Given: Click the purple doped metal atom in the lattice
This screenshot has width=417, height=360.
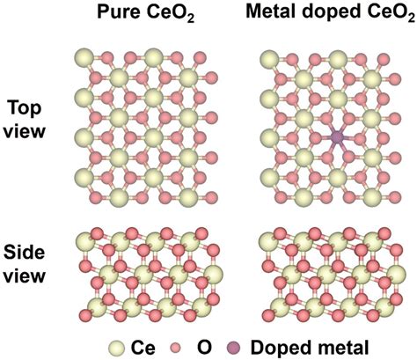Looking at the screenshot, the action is coord(337,136).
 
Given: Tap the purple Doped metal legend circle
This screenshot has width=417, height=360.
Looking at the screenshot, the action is coord(234,349).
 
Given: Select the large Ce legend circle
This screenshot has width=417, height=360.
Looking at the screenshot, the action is coord(118,349).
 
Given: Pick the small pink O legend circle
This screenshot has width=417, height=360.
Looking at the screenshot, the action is coord(176,349).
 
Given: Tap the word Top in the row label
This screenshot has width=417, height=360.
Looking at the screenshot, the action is coord(25,109).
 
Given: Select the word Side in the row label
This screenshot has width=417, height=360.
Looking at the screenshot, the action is coord(25,253).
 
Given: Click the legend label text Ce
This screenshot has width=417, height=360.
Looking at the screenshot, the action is coord(143,349).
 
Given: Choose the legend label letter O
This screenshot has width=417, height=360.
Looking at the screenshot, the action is coord(204,349).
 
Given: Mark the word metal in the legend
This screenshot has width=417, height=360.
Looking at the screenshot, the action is coord(340,348).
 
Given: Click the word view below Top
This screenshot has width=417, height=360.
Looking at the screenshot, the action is coord(25,132).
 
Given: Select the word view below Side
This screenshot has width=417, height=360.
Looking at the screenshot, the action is coord(25,276).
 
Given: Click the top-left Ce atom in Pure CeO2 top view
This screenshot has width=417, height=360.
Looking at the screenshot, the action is coord(84,58).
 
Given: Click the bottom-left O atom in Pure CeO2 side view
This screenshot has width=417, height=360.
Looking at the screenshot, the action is coord(86,316).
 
